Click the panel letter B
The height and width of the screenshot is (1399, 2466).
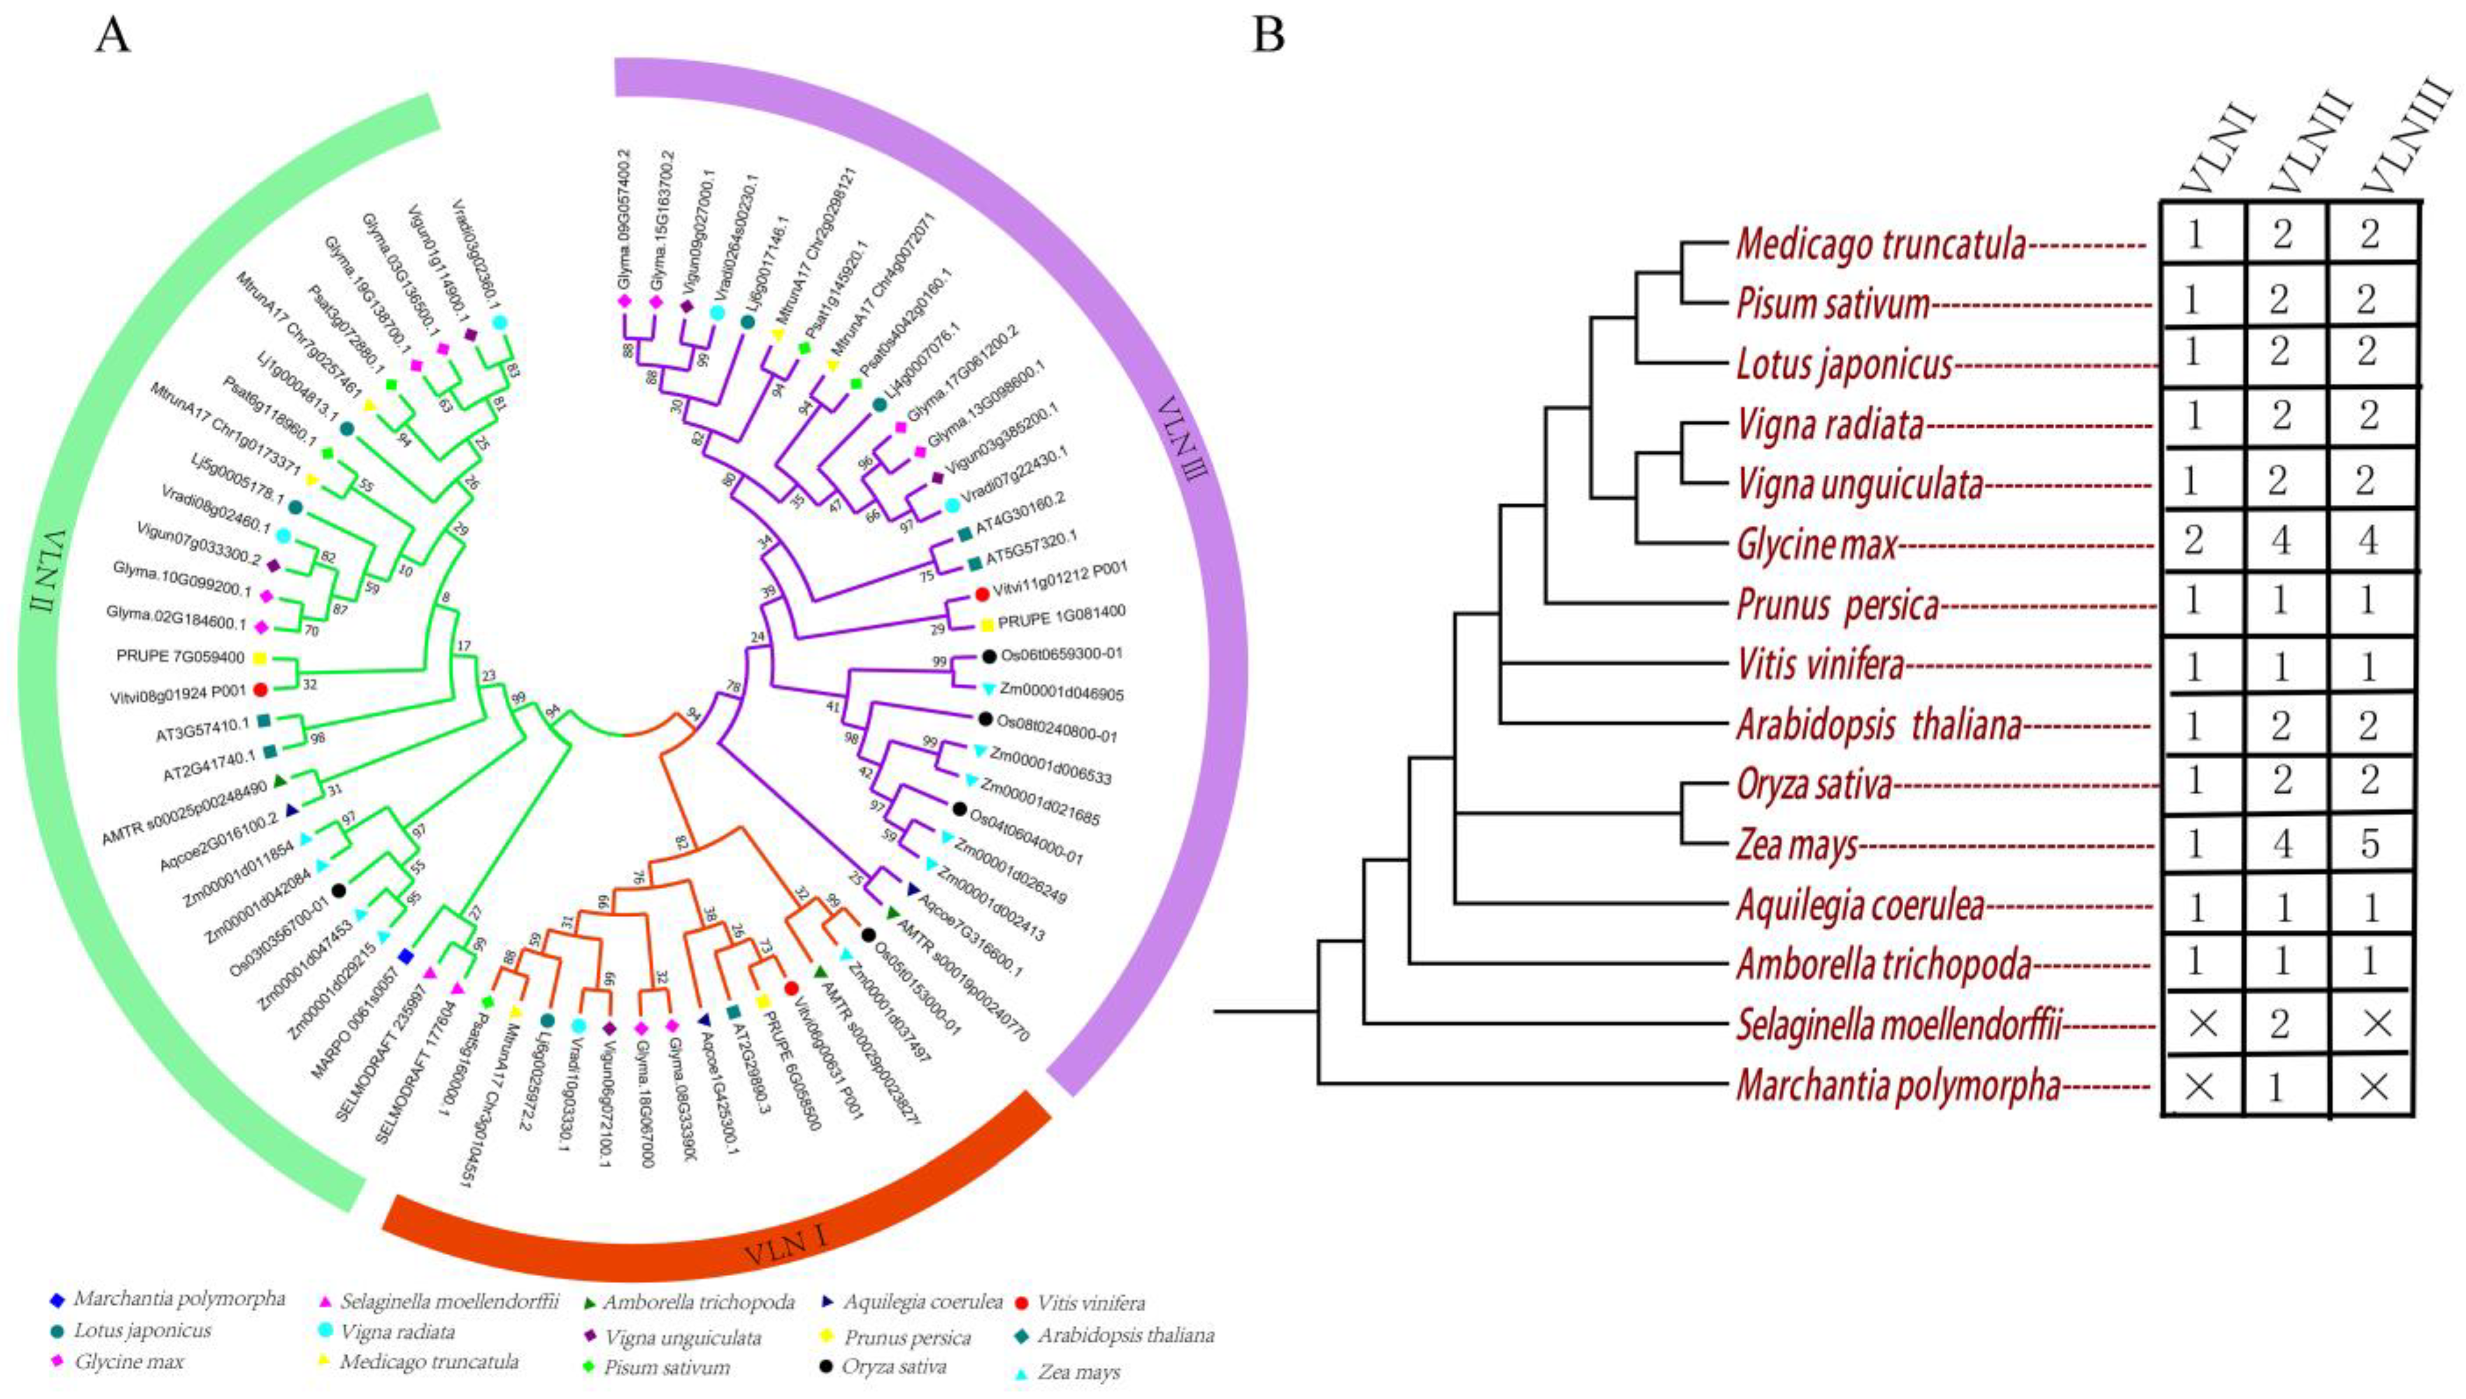click(1268, 36)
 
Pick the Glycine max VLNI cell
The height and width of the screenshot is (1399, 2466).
click(2193, 541)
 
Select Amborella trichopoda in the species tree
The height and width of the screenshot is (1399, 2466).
click(1883, 964)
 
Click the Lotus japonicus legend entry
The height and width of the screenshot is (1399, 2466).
click(141, 1331)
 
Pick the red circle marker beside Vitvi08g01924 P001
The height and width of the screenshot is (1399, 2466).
click(259, 690)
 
